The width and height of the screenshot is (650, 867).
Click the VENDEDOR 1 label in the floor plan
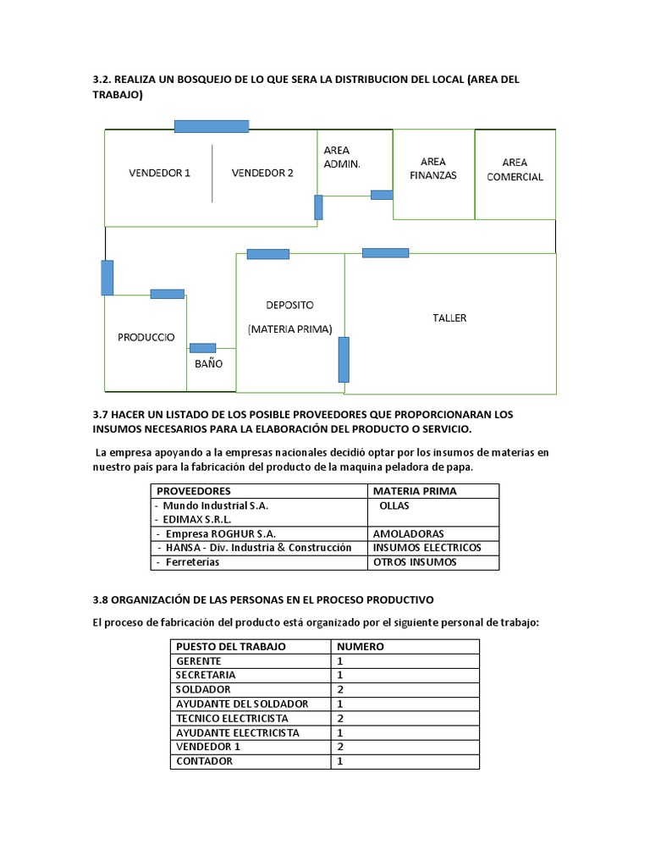(159, 173)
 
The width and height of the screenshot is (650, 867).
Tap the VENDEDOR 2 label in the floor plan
(262, 173)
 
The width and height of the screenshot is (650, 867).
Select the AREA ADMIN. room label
(342, 157)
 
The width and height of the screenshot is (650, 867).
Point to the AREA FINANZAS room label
(432, 168)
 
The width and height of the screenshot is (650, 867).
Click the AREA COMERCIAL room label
(515, 169)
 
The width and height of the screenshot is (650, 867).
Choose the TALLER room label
(449, 318)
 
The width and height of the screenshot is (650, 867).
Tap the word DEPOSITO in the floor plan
(289, 305)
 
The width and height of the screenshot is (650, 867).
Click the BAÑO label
(208, 363)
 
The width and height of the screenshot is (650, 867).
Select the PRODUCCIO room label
(146, 337)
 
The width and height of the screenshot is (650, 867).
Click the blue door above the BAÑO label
(202, 347)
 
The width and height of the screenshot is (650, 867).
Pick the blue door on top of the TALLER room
(385, 252)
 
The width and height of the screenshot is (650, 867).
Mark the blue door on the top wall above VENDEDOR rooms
(211, 126)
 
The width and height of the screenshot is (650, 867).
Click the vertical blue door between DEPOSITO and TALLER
(344, 359)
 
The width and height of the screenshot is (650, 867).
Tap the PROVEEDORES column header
(194, 491)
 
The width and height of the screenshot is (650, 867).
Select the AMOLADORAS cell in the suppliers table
(408, 534)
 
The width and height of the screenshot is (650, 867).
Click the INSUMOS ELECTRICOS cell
(427, 548)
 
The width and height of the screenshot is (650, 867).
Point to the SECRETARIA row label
(206, 675)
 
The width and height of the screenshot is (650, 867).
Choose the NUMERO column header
(361, 646)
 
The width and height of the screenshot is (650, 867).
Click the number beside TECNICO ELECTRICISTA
(340, 718)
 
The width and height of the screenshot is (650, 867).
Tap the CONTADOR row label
(204, 761)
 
